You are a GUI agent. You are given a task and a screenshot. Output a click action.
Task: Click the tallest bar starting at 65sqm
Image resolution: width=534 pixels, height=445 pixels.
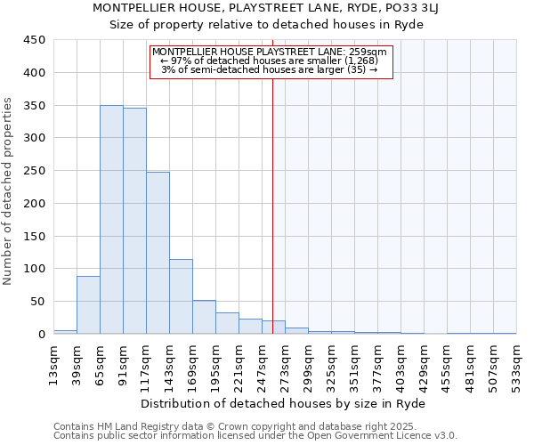[x=111, y=220]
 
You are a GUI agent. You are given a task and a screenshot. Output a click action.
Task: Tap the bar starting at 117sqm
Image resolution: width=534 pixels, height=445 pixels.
[x=158, y=253]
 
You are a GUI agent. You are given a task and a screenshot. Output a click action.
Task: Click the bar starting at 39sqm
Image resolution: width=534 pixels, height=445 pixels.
[x=88, y=305]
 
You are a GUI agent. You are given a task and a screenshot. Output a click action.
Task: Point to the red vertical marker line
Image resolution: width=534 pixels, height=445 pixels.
[x=273, y=196]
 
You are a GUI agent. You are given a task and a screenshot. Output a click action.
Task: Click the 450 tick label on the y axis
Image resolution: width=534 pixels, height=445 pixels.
[x=35, y=40]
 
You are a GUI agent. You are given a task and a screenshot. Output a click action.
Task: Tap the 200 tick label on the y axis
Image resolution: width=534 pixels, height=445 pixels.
[x=35, y=204]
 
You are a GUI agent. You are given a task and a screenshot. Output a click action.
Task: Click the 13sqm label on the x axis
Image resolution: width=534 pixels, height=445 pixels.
[x=53, y=360]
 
